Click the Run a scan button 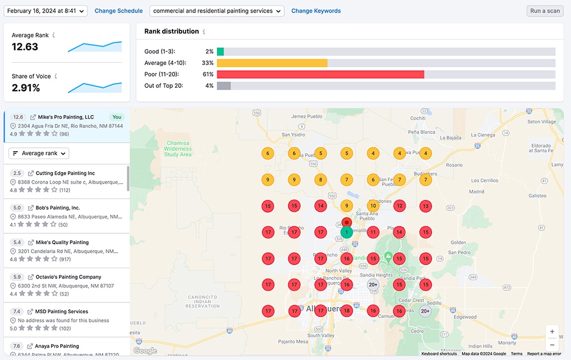[x=545, y=11]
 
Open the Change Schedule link [x=118, y=11]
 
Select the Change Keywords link [x=316, y=11]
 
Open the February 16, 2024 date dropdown [x=46, y=11]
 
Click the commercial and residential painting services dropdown [x=217, y=11]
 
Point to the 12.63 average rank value [x=25, y=47]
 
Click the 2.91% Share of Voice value [x=26, y=88]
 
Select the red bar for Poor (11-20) [x=320, y=74]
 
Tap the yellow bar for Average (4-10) [x=272, y=63]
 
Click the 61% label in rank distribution [x=208, y=74]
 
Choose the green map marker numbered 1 [x=347, y=232]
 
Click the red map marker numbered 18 [x=347, y=311]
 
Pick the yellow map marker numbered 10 [x=373, y=206]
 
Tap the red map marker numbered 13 [x=425, y=206]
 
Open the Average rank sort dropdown [x=39, y=153]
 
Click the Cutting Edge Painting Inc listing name [x=65, y=173]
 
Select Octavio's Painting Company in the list [x=69, y=277]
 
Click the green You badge [x=117, y=117]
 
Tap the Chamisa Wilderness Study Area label [x=178, y=148]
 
